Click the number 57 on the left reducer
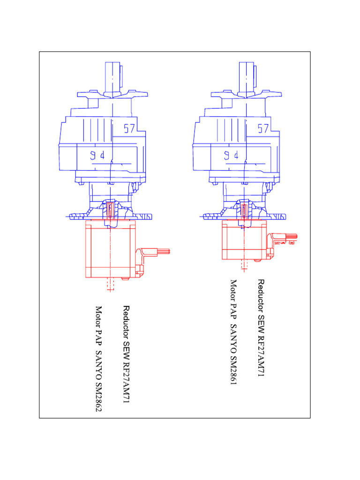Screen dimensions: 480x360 coord(129,128)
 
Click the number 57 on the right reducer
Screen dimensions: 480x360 coord(263,128)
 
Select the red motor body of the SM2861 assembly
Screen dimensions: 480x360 coord(244,240)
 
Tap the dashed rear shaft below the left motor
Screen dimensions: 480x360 coord(110,285)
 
